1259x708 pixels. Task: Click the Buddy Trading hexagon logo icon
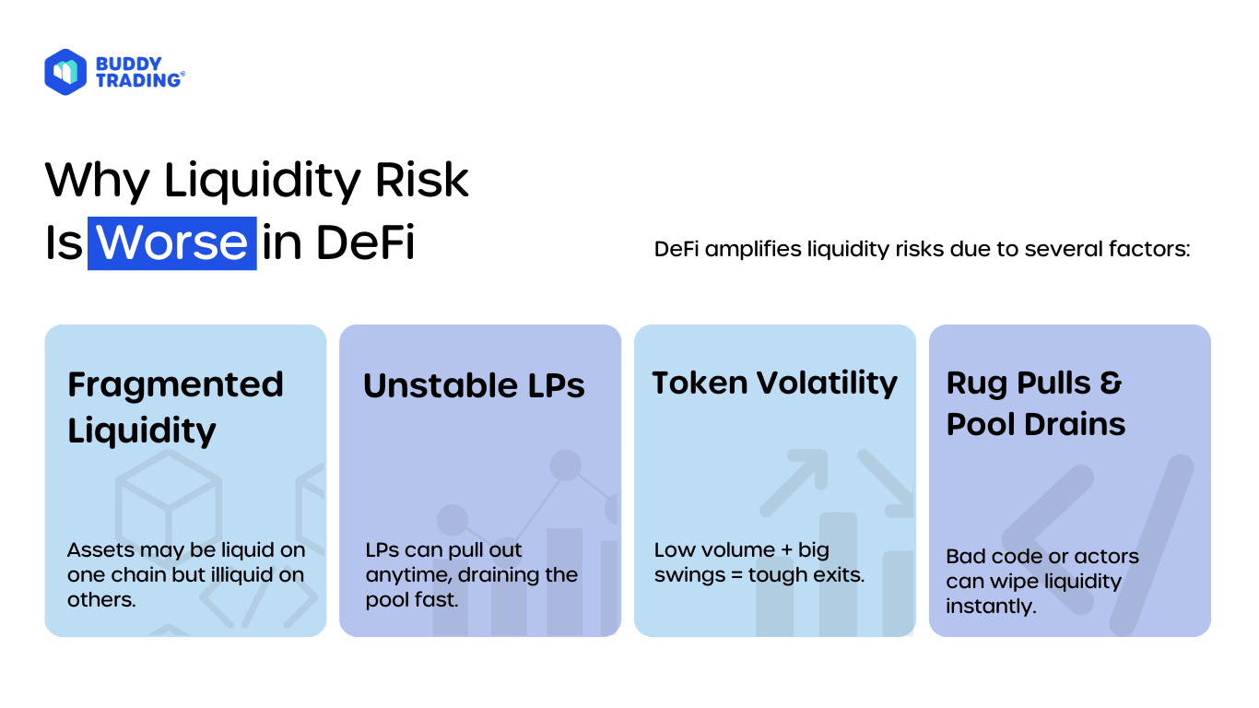65,72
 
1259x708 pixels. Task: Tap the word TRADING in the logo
138,80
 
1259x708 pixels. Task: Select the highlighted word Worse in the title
172,242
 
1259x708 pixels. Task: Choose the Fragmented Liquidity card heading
175,407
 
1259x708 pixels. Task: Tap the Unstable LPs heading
474,385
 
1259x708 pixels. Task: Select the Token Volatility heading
774,383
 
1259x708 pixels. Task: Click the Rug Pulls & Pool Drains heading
1036,403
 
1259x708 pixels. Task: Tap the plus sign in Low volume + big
786,550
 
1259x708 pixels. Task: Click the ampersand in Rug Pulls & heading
1111,383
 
